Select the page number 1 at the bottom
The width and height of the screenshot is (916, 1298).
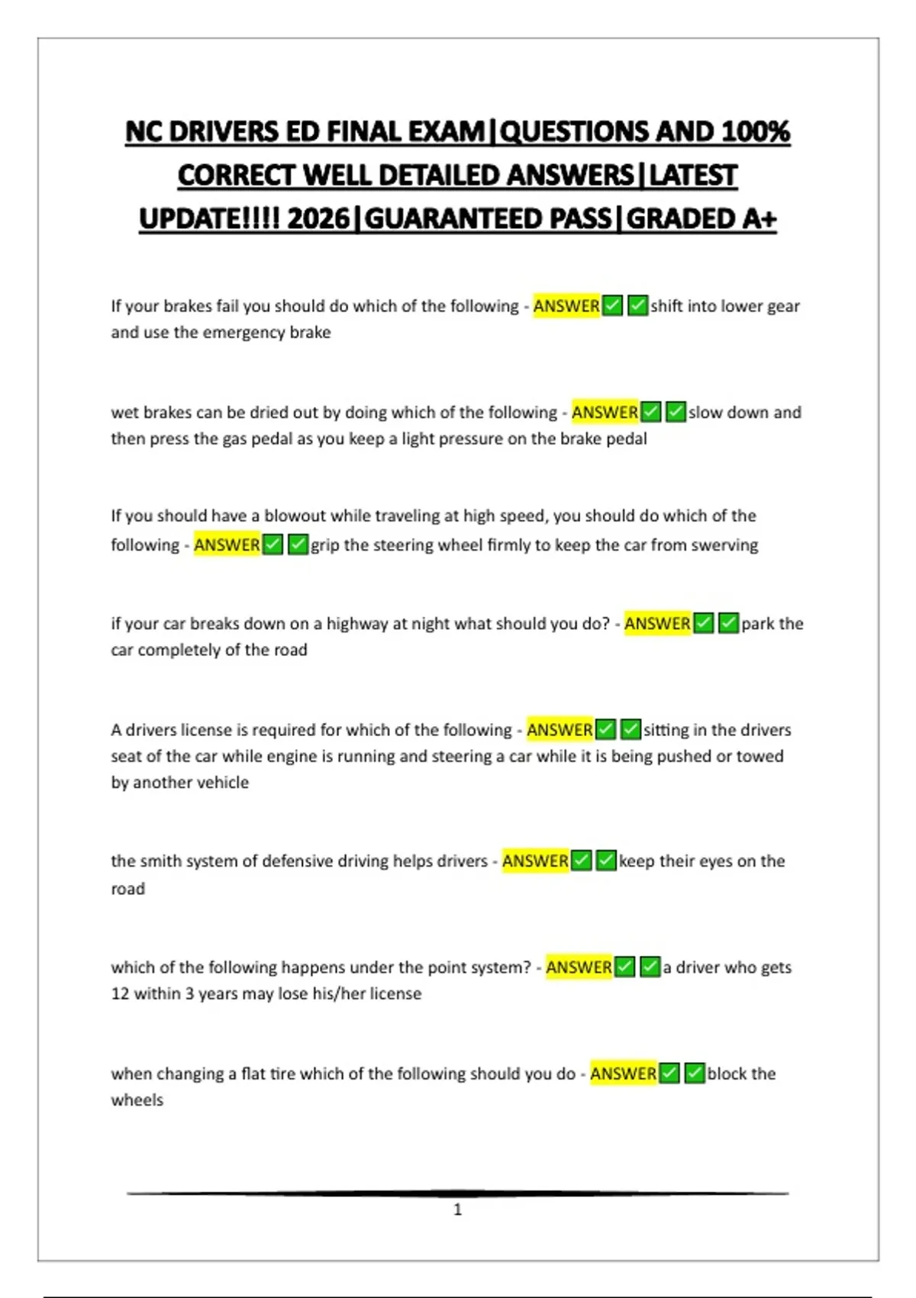(x=458, y=1209)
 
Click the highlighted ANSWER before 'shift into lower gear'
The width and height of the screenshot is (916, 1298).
(x=566, y=306)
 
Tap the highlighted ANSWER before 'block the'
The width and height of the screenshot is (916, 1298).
(x=623, y=1074)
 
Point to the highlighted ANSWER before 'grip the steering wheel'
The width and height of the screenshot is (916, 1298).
(x=227, y=545)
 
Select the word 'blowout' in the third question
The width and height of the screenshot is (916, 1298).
(x=295, y=516)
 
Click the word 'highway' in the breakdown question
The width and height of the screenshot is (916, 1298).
(x=356, y=624)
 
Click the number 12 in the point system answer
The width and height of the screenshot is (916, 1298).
(x=120, y=994)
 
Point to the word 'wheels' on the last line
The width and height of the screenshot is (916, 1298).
(x=137, y=1100)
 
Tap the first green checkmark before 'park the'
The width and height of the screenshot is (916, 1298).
(x=704, y=624)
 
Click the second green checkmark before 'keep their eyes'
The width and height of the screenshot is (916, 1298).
(x=606, y=861)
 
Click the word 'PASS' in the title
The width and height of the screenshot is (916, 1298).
(x=581, y=219)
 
